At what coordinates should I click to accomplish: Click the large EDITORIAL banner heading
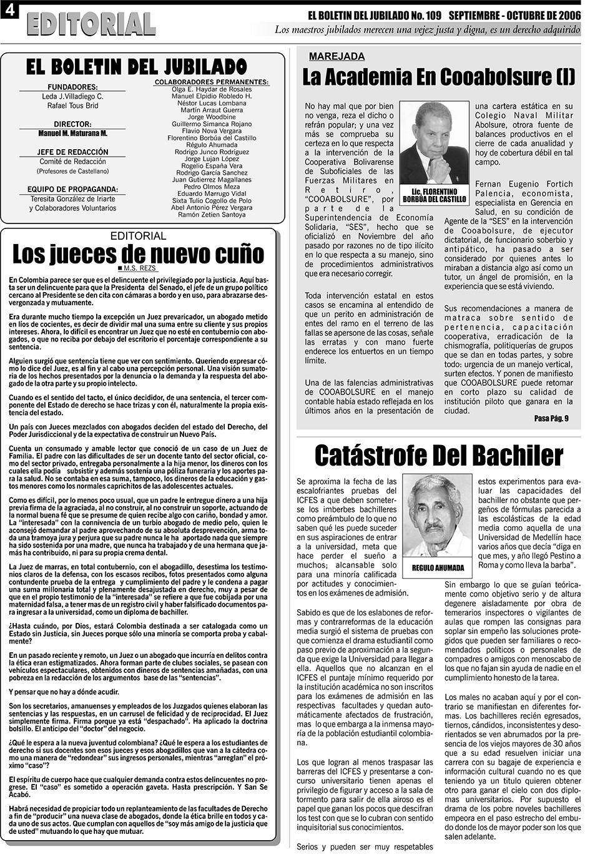tap(91, 24)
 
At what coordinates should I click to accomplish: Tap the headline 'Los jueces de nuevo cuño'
tap(138, 254)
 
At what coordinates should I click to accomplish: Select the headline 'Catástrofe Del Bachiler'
tap(438, 455)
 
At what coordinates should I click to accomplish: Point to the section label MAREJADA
tap(337, 56)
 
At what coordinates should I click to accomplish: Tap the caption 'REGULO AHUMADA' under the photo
tap(438, 567)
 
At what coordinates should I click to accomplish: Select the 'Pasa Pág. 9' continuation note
tap(551, 418)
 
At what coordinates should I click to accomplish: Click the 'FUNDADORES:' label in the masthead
tap(72, 87)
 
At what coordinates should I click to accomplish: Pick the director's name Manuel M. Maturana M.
tap(72, 134)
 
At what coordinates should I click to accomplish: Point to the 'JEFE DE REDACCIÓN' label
tap(72, 152)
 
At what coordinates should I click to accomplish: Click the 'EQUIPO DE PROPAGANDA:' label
tap(72, 189)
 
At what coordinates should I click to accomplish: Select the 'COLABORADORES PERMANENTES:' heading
tap(212, 82)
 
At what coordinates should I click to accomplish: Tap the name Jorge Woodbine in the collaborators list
tap(212, 117)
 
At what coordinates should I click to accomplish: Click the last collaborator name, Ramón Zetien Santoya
tap(212, 215)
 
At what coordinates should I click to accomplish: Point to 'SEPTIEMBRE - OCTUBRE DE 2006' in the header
tap(514, 14)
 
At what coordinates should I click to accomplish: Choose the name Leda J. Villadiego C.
tap(72, 97)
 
